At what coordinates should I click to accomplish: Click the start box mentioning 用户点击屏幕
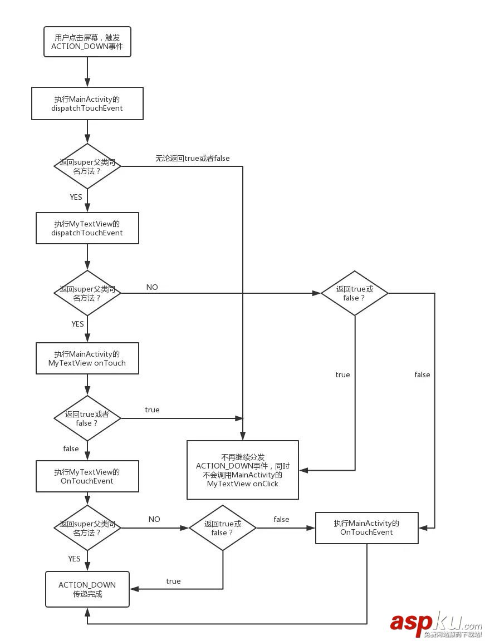click(87, 42)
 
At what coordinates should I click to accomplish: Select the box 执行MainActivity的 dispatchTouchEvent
click(87, 103)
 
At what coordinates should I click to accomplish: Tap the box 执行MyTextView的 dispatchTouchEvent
click(87, 228)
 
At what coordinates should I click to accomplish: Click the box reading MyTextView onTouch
click(87, 358)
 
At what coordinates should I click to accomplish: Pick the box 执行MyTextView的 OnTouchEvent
click(87, 476)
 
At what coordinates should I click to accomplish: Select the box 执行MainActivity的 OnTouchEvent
click(366, 527)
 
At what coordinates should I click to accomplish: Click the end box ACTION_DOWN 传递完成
click(87, 589)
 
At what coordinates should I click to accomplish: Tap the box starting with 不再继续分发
click(242, 470)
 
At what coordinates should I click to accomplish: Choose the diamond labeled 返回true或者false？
click(87, 418)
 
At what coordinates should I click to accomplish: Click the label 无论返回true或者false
click(192, 158)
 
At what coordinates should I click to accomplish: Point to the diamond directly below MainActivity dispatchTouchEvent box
click(87, 166)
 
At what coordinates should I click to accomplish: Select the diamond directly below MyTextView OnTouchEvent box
click(87, 528)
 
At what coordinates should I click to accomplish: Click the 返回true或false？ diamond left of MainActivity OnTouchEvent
click(223, 528)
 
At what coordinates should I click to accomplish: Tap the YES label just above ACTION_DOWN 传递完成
click(74, 559)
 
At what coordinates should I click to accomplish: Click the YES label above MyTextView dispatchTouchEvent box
click(76, 197)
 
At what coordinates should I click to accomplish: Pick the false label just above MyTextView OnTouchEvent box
click(71, 448)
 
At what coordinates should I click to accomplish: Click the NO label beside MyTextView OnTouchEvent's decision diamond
click(154, 519)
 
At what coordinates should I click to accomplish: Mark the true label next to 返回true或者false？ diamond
click(152, 410)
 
